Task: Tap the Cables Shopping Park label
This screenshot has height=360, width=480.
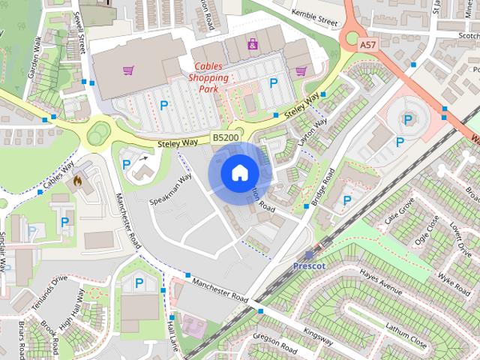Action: (x=208, y=77)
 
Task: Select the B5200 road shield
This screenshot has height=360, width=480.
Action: (x=226, y=138)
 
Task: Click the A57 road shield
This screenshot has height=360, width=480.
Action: (x=367, y=46)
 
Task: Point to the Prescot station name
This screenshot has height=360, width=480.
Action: (x=309, y=266)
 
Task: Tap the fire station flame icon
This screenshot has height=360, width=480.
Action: (x=79, y=181)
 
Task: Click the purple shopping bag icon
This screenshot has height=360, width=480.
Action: (x=253, y=45)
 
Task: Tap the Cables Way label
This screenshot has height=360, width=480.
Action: (x=58, y=175)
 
